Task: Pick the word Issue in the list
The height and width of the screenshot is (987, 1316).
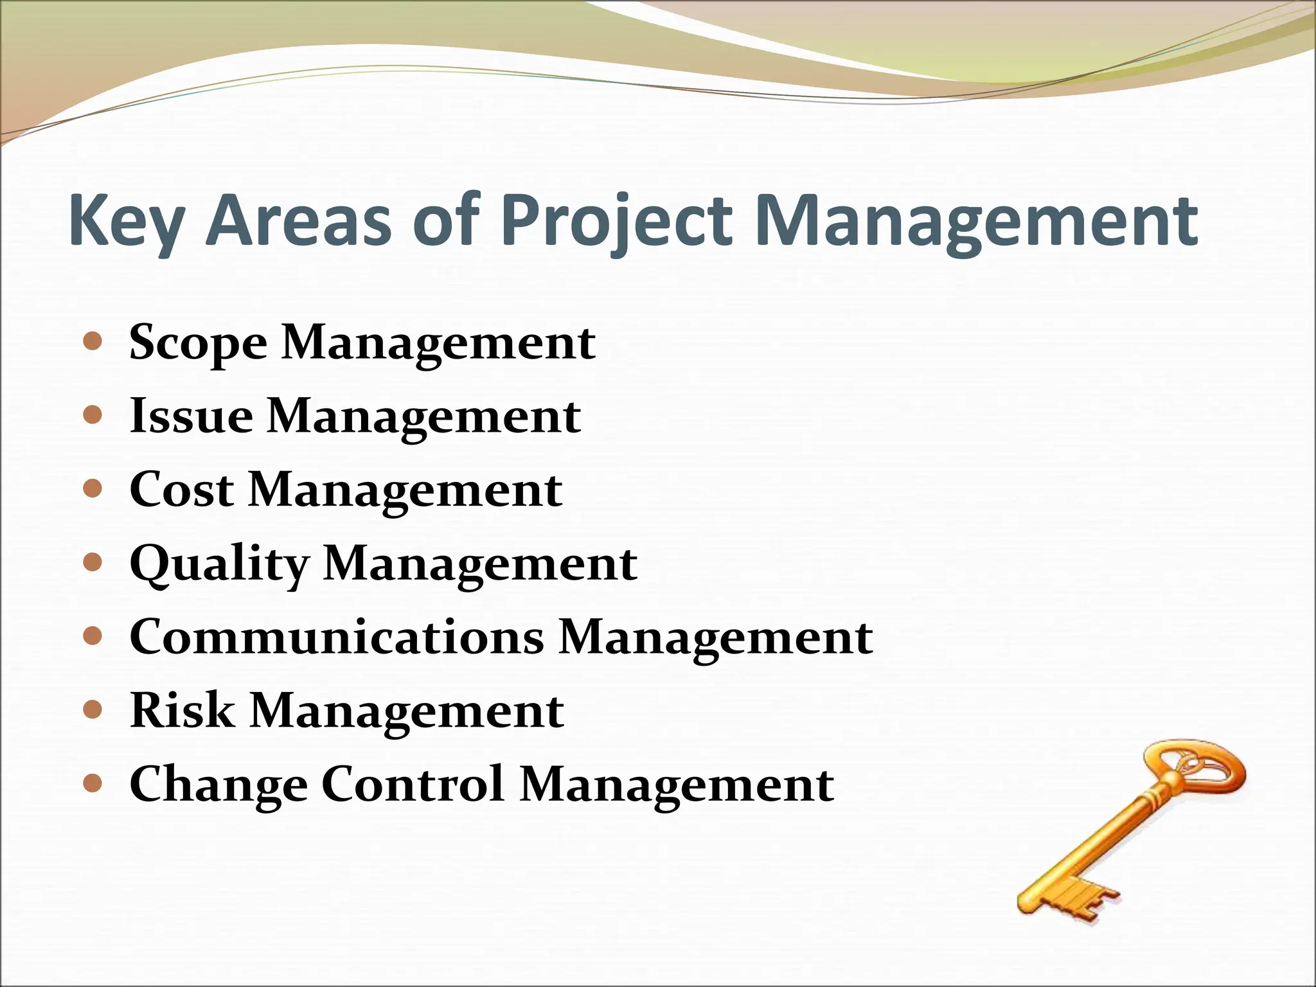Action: [x=191, y=416]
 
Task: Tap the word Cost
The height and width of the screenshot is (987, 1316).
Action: [x=181, y=490]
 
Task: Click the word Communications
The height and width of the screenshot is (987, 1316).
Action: [x=337, y=637]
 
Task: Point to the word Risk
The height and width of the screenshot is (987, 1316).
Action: [x=182, y=711]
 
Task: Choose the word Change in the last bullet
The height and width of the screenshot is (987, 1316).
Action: [x=218, y=785]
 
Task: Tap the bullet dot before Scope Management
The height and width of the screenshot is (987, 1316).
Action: [x=93, y=341]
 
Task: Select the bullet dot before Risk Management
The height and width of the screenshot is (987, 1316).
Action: [x=93, y=710]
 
